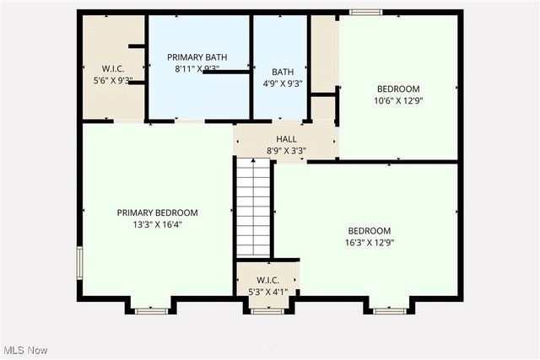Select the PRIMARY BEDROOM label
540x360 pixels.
click(157, 213)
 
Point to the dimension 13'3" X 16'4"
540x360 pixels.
click(157, 225)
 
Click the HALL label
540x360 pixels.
click(286, 139)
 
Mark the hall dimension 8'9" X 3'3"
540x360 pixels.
click(286, 151)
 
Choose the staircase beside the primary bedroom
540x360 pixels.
click(252, 207)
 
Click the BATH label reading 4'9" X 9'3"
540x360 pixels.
click(282, 72)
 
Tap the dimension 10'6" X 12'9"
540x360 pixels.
click(397, 100)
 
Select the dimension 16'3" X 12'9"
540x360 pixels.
click(370, 243)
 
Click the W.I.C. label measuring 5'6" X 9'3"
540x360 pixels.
click(113, 68)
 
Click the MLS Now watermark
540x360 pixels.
click(24, 350)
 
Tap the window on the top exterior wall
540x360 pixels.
click(365, 12)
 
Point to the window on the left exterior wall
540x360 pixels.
click(80, 262)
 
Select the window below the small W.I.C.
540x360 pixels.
click(267, 310)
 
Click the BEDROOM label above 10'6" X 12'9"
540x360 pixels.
click(397, 89)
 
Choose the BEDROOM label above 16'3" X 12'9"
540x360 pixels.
click(370, 231)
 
